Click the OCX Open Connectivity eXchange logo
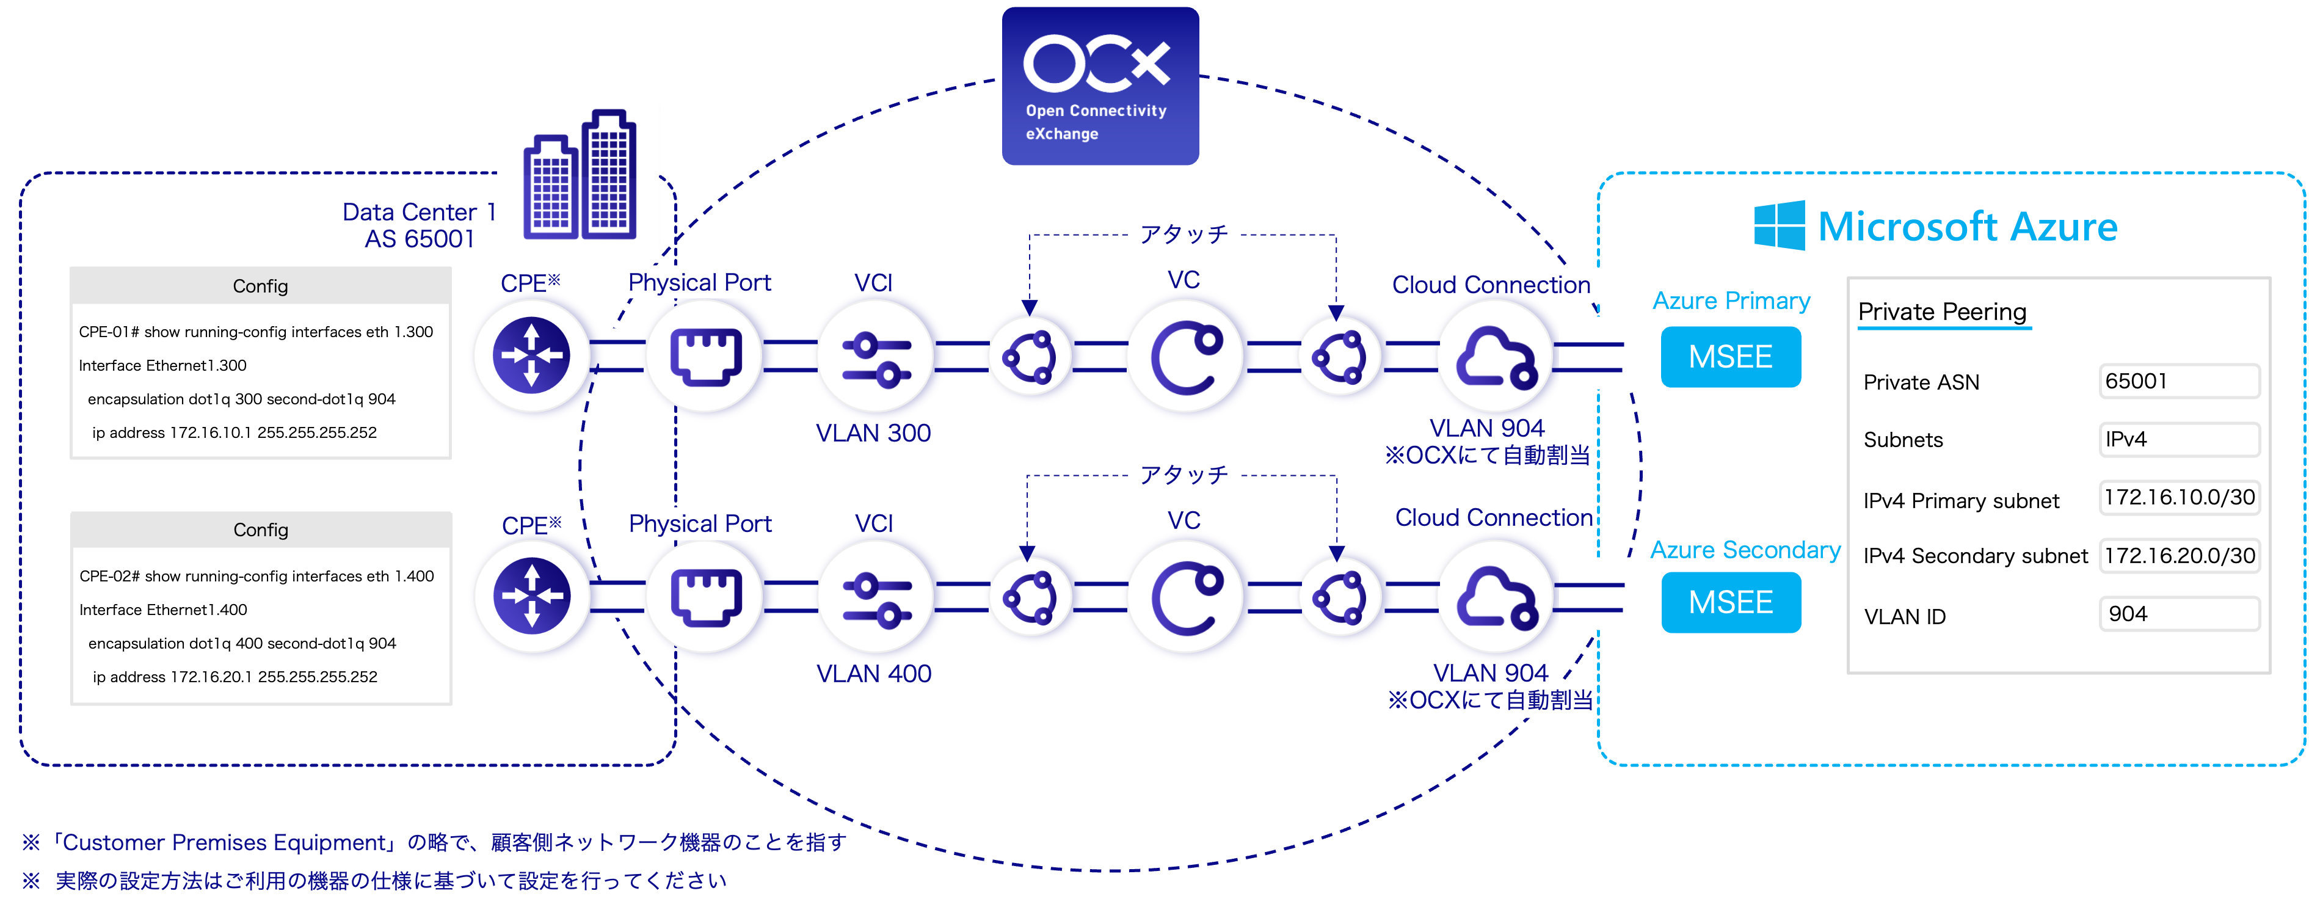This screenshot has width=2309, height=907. [1100, 86]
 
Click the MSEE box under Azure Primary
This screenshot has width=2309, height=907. [1730, 357]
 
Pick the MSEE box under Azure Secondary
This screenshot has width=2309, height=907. [1730, 602]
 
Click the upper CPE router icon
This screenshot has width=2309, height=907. [533, 356]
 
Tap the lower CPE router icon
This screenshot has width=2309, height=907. [533, 596]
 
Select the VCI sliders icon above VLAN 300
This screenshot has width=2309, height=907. [876, 357]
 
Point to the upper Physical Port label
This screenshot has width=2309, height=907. [699, 282]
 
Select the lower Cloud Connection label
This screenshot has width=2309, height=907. [1493, 518]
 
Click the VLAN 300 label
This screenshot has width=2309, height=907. [873, 433]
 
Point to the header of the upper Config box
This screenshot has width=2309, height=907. [260, 286]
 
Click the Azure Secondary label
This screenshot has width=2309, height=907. [1745, 550]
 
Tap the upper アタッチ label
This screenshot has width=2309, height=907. [1183, 234]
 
